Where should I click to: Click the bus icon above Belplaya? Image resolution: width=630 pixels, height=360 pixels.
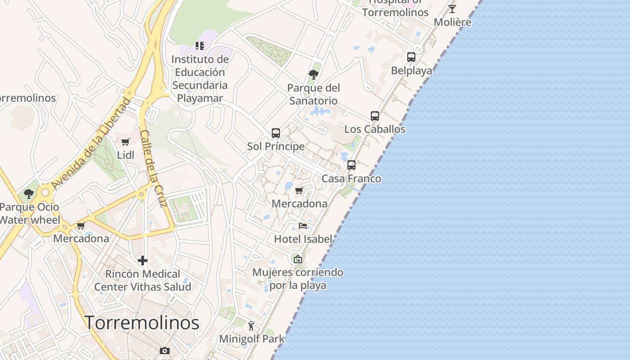tap(411, 57)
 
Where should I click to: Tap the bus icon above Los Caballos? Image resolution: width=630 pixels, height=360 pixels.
tap(375, 116)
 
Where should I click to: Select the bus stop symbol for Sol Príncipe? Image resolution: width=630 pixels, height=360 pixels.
tap(276, 133)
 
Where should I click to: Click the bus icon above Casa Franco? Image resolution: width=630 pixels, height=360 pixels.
tap(351, 165)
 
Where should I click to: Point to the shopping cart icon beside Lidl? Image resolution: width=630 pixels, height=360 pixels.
tap(126, 142)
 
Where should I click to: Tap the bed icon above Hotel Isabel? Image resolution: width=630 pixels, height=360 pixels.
tap(303, 225)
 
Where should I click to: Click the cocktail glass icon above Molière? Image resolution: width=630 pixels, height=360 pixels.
tap(452, 9)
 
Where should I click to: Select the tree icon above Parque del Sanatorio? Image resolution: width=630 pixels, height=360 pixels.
tap(314, 74)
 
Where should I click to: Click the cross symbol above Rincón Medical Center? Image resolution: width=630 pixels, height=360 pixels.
tap(143, 261)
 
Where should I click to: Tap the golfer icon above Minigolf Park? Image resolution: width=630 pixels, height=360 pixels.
tap(252, 326)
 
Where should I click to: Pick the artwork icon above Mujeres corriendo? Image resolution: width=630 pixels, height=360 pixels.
tap(297, 259)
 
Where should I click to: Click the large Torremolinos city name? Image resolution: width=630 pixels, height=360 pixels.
tap(142, 323)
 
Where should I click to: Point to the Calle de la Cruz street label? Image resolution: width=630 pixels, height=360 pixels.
tap(153, 169)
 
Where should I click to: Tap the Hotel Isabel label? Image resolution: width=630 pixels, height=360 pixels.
tap(303, 239)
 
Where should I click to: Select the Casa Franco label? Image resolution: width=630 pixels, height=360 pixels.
tap(351, 179)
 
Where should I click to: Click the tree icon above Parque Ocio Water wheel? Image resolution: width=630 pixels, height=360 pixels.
tap(29, 194)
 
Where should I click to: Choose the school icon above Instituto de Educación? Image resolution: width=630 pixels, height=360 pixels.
tap(199, 46)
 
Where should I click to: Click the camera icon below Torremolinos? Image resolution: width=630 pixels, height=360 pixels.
tap(165, 351)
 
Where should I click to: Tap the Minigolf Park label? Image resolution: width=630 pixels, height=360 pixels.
tap(252, 339)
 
